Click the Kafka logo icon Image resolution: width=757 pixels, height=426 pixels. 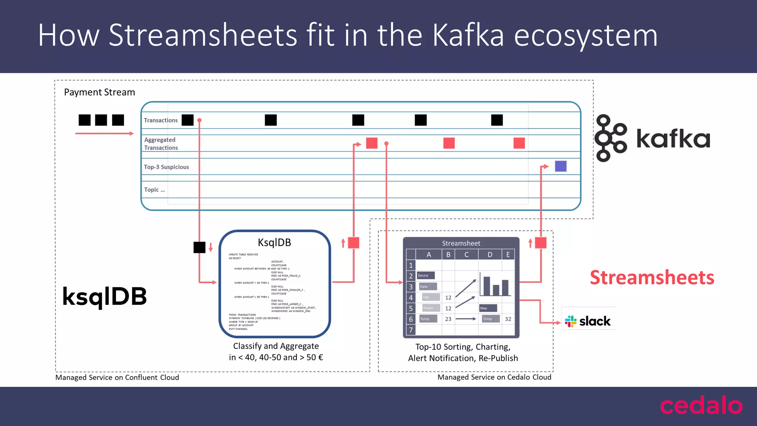pos(610,138)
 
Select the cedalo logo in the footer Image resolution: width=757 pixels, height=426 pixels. pos(701,406)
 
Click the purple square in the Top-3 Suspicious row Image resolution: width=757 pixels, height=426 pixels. pos(560,166)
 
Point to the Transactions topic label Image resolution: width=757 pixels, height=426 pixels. pos(161,120)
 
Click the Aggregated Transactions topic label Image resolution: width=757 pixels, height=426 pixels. pos(161,143)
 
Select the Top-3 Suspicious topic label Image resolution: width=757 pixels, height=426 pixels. pos(166,167)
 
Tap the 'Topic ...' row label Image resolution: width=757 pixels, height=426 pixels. pos(155,190)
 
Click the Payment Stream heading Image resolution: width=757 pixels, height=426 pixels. pos(99,92)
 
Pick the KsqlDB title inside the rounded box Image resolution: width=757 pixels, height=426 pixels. pos(274,243)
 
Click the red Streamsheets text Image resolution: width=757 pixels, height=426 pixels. pos(652,277)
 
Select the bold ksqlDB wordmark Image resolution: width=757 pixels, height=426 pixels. pos(105,296)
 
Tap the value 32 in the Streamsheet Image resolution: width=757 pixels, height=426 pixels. pos(508,319)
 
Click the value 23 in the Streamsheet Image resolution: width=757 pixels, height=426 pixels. pos(448,319)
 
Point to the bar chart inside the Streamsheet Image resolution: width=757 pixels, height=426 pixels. pos(496,285)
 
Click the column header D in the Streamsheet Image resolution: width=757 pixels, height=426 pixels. pos(490,254)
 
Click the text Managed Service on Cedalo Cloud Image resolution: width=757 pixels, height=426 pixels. pos(494,377)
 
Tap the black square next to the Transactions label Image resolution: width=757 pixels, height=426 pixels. pos(187,120)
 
